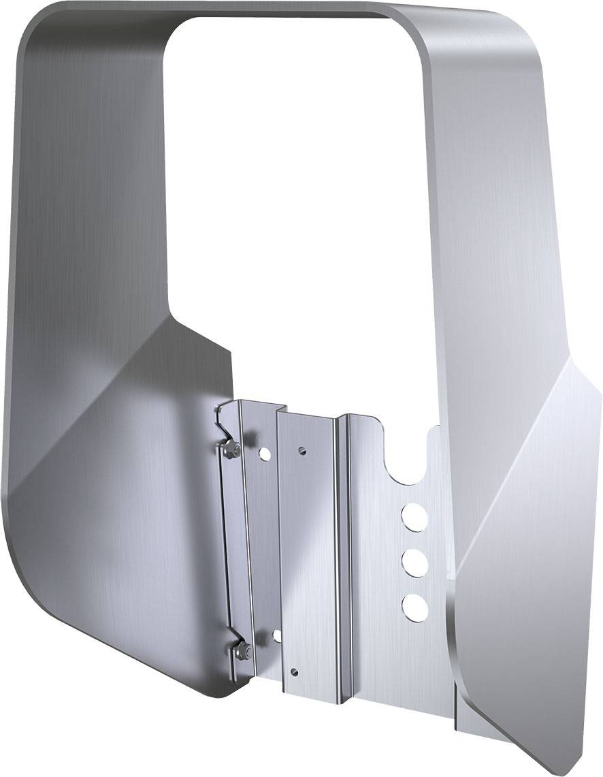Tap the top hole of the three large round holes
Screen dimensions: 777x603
click(414, 516)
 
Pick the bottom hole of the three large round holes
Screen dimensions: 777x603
click(414, 606)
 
